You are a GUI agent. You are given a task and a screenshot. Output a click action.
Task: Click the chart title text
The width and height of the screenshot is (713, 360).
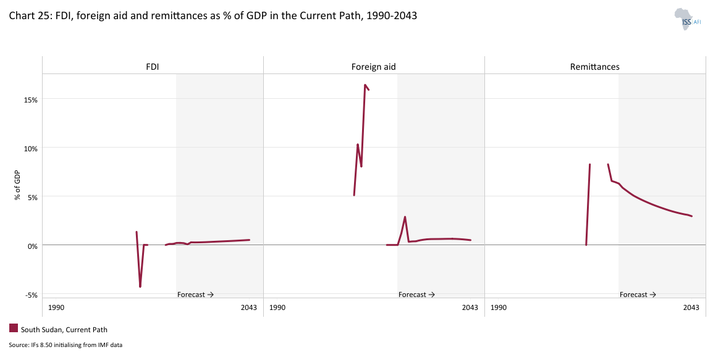(x=213, y=16)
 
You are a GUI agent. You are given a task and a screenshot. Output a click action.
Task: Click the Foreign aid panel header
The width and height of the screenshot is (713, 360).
(x=373, y=66)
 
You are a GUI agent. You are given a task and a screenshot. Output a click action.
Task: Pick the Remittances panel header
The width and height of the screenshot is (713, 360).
(x=594, y=66)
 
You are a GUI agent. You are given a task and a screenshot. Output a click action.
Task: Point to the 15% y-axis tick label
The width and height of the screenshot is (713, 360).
(x=31, y=99)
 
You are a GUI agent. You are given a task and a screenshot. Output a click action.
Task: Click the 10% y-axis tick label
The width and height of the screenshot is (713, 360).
(x=31, y=148)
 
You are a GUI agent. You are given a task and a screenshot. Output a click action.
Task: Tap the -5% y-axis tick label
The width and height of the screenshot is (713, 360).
(x=31, y=295)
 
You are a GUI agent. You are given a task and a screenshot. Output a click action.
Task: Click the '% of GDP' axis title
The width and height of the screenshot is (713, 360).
(x=18, y=185)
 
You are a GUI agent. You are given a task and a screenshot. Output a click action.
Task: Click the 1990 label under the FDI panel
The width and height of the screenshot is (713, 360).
(x=56, y=308)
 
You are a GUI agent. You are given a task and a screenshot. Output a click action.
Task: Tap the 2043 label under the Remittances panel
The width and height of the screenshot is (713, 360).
(x=691, y=308)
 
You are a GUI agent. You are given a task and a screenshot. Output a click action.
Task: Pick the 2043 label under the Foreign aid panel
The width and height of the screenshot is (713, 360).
(x=470, y=308)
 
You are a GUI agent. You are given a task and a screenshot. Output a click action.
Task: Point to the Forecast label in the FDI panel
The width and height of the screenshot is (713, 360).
(x=195, y=295)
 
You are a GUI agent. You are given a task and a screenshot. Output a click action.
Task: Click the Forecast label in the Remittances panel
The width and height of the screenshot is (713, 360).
(x=638, y=295)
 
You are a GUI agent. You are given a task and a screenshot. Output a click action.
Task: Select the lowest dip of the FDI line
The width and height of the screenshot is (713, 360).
(x=140, y=287)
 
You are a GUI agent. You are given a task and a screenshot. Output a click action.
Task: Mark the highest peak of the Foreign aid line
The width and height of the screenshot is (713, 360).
(x=365, y=85)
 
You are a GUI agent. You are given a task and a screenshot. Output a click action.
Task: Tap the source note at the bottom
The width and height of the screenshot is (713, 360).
(x=65, y=345)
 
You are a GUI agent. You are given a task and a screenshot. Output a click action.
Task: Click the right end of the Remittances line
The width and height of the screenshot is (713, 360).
(x=691, y=216)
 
